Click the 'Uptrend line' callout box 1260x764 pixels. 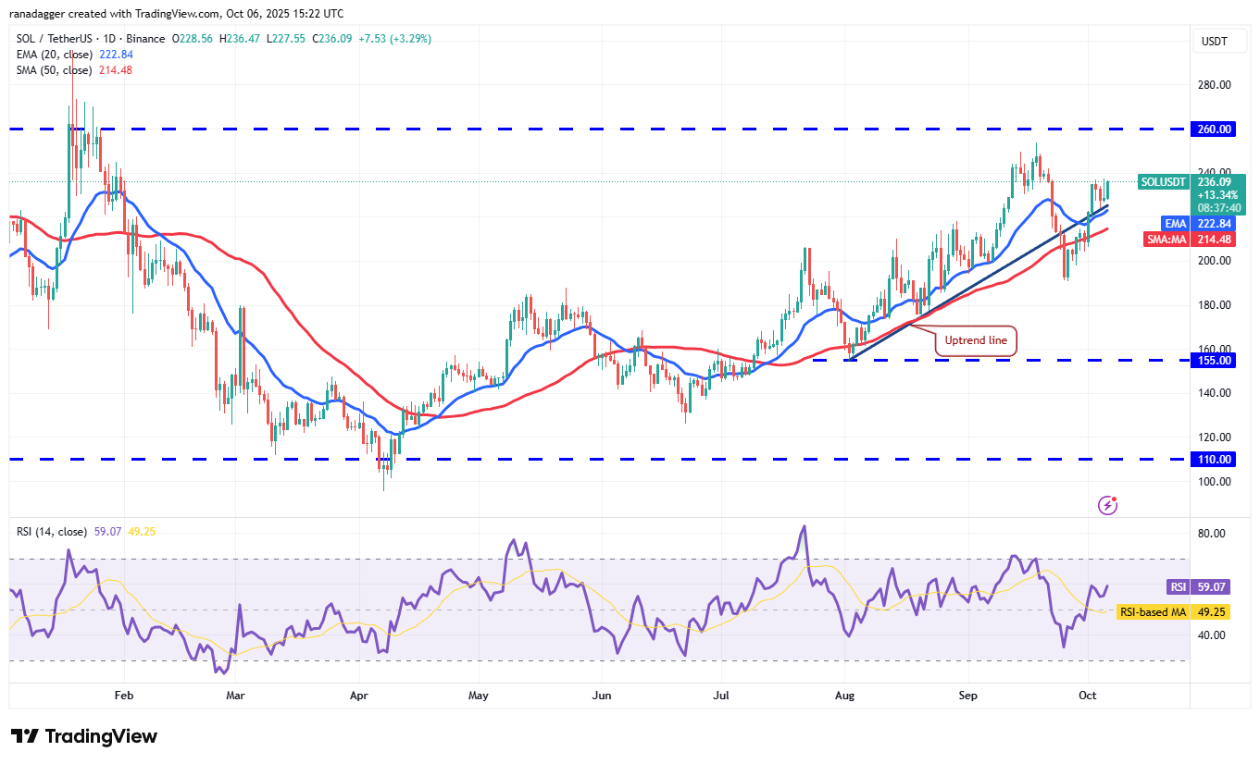pyautogui.click(x=976, y=340)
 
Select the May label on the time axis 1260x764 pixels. pyautogui.click(x=478, y=695)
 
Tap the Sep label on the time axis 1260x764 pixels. pyautogui.click(x=967, y=695)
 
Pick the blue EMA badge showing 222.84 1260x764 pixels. pyautogui.click(x=1175, y=223)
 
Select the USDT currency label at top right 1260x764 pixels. pyautogui.click(x=1214, y=41)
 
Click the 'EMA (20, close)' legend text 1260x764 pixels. pyautogui.click(x=54, y=55)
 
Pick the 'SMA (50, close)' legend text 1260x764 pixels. pyautogui.click(x=54, y=70)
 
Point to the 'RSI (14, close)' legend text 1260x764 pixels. pyautogui.click(x=52, y=532)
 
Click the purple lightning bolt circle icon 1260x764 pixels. pyautogui.click(x=1107, y=505)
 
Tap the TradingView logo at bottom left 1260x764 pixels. pyautogui.click(x=84, y=736)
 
